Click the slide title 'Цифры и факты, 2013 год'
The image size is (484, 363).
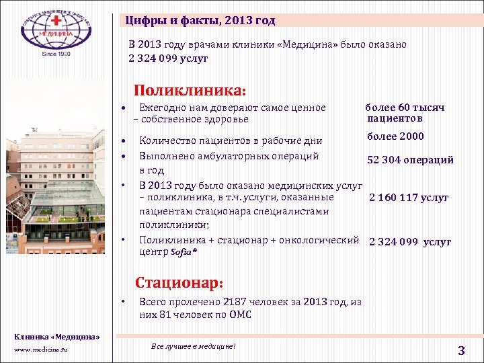coord(200,20)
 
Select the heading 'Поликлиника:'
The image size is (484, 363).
coord(191,89)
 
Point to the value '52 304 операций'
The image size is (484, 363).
coord(410,160)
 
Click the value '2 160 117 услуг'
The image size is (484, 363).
coord(408,198)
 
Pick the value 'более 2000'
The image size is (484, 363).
coord(395,136)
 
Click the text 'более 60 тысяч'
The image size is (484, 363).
coord(405,108)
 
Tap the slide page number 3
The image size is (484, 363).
coord(461,350)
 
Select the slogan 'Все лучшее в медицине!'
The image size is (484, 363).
coord(194,346)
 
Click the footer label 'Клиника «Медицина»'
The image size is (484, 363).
coord(57,336)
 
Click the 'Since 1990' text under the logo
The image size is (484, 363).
coord(56,54)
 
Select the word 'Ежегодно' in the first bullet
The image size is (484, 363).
coord(161,108)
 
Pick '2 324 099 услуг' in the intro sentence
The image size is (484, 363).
coord(168,58)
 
